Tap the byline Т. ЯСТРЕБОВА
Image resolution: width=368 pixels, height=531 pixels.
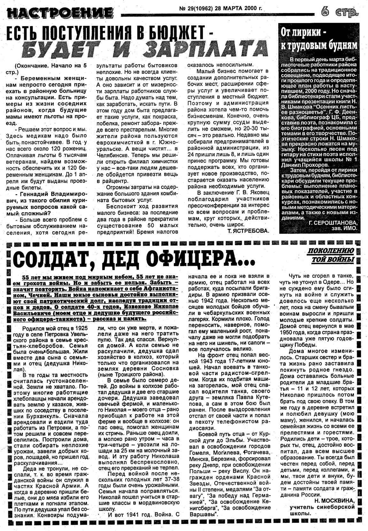[x=249, y=230]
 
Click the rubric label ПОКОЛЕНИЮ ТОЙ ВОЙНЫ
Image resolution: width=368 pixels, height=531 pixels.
[x=330, y=255]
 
